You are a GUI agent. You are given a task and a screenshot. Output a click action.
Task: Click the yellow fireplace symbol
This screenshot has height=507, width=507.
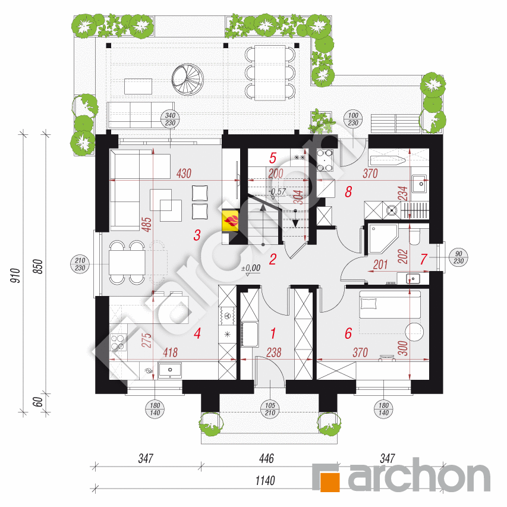coord(231,221)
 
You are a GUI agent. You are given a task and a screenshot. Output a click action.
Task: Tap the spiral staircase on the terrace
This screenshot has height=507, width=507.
coord(188,80)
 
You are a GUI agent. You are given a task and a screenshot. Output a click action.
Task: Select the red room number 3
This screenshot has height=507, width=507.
coord(197,235)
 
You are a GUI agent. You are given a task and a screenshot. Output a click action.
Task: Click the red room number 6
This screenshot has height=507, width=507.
coord(348,333)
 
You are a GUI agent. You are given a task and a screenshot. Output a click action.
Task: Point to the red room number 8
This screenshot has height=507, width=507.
coord(348,191)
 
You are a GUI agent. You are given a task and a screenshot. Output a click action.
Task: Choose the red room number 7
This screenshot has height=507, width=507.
coord(424,259)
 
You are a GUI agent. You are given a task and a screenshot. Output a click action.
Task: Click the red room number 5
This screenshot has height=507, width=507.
coord(273,158)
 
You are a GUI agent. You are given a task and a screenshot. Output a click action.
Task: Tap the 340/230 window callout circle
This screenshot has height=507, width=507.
coord(170,119)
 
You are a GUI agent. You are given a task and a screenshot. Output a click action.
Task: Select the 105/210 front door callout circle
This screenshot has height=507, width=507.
coord(270,409)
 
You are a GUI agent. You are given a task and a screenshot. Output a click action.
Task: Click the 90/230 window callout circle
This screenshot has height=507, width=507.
coord(458,257)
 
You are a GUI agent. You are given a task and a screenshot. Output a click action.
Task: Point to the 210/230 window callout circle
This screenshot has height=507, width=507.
coord(80,264)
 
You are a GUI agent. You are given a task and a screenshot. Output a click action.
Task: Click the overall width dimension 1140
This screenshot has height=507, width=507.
coord(265,481)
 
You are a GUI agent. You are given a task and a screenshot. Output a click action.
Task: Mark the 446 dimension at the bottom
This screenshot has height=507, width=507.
coord(266,458)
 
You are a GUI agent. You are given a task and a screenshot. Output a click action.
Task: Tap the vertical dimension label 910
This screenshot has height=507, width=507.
coord(15,275)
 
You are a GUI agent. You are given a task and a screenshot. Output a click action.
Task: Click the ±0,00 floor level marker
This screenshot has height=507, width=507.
coord(251,268)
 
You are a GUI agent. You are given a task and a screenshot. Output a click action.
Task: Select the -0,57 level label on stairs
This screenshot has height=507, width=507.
coord(278,191)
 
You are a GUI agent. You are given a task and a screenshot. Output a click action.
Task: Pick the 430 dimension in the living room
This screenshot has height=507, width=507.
coord(184,174)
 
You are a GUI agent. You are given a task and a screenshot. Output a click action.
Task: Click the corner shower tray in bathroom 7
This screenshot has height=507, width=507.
coord(383,238)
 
